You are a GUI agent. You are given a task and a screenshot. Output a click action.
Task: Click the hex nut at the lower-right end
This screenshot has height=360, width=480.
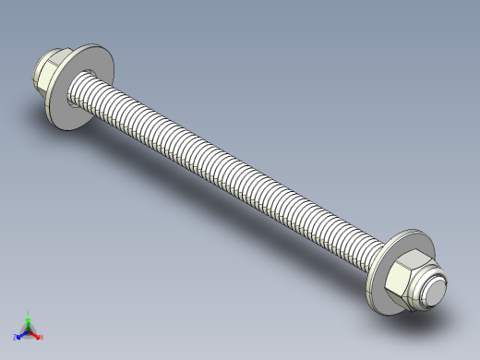tap(405, 282)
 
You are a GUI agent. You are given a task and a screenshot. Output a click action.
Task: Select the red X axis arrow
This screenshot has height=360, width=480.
tap(36, 334)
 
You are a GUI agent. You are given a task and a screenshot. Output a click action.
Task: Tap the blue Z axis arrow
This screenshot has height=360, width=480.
tap(21, 334)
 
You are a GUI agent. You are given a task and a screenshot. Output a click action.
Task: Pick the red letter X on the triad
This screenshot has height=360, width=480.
tap(42, 337)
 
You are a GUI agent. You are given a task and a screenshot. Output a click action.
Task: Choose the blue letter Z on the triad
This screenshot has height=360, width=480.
tap(16, 338)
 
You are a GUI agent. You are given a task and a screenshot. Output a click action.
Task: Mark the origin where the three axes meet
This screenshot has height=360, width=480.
tap(29, 330)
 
